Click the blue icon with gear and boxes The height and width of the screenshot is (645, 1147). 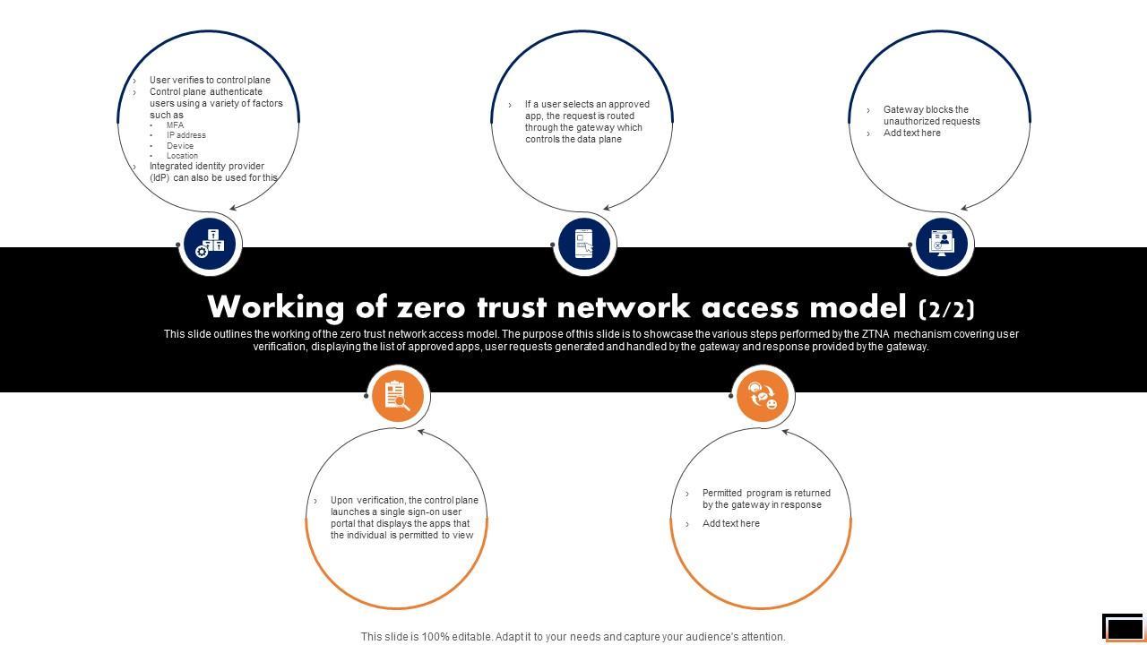[210, 244]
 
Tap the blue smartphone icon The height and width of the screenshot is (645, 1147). [583, 244]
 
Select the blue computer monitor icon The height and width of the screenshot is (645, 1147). [941, 244]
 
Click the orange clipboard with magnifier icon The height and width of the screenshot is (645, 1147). [397, 395]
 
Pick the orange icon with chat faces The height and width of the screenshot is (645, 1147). [763, 395]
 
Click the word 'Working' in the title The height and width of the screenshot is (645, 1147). [275, 307]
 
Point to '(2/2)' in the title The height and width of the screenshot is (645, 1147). [946, 309]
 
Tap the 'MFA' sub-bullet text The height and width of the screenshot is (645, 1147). [175, 125]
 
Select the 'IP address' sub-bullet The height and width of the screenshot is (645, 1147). [185, 135]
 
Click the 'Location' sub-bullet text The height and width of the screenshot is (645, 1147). [182, 156]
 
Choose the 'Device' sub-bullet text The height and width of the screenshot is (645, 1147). [180, 146]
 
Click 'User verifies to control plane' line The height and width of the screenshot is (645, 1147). [210, 80]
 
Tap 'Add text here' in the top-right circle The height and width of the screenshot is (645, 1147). [911, 133]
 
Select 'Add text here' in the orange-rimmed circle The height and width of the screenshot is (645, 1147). [730, 523]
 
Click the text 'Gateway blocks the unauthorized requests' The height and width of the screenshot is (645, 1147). [930, 116]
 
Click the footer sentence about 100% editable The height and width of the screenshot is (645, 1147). [573, 637]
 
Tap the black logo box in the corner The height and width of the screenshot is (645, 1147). [1123, 627]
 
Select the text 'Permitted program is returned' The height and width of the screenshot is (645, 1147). [766, 493]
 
